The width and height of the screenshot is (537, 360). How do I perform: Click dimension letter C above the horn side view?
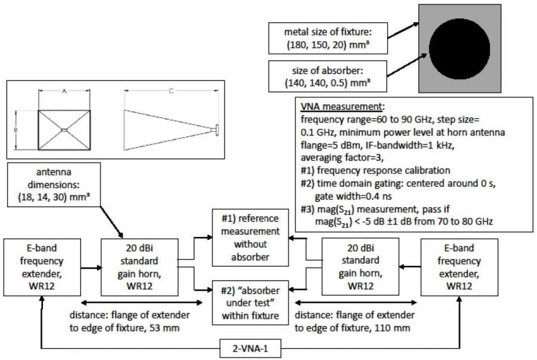point(171,93)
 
